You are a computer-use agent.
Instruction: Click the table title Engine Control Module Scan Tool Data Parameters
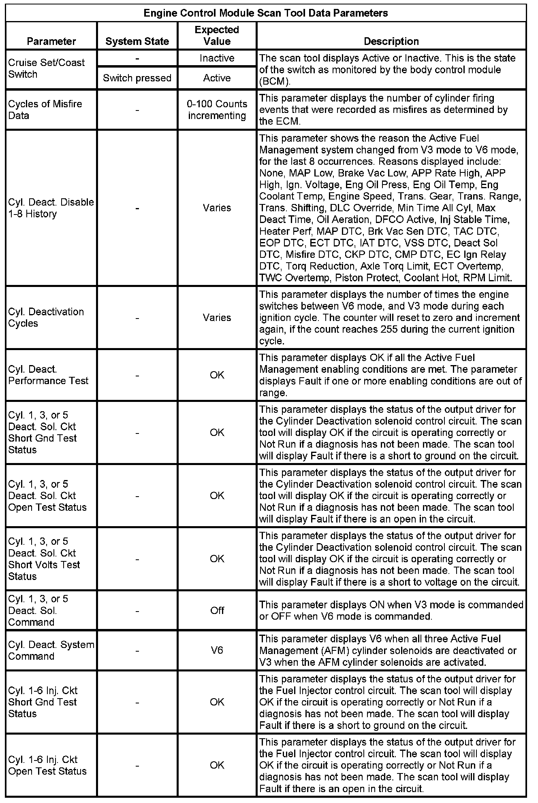[x=266, y=13]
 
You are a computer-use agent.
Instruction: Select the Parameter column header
[x=51, y=41]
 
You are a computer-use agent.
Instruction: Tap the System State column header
[x=137, y=41]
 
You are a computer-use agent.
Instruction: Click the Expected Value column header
[x=217, y=36]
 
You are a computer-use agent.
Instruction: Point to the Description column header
[x=391, y=41]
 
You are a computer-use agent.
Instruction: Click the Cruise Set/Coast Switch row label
[x=47, y=68]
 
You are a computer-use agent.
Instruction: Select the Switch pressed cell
[x=137, y=78]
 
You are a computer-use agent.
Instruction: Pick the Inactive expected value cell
[x=217, y=58]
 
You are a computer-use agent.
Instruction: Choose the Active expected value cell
[x=217, y=78]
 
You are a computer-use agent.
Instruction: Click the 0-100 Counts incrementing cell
[x=217, y=110]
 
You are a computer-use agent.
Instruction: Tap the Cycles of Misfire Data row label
[x=45, y=110]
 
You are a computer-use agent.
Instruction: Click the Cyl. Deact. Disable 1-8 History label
[x=51, y=208]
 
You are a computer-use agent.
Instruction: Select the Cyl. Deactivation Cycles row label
[x=46, y=318]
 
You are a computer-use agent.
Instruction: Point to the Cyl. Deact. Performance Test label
[x=48, y=375]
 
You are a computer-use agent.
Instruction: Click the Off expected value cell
[x=217, y=610]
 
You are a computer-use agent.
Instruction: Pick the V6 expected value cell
[x=217, y=650]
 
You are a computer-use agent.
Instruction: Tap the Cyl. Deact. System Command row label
[x=51, y=650]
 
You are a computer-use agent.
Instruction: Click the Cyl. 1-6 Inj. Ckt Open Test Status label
[x=47, y=765]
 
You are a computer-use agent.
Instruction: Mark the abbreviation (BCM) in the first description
[x=275, y=82]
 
